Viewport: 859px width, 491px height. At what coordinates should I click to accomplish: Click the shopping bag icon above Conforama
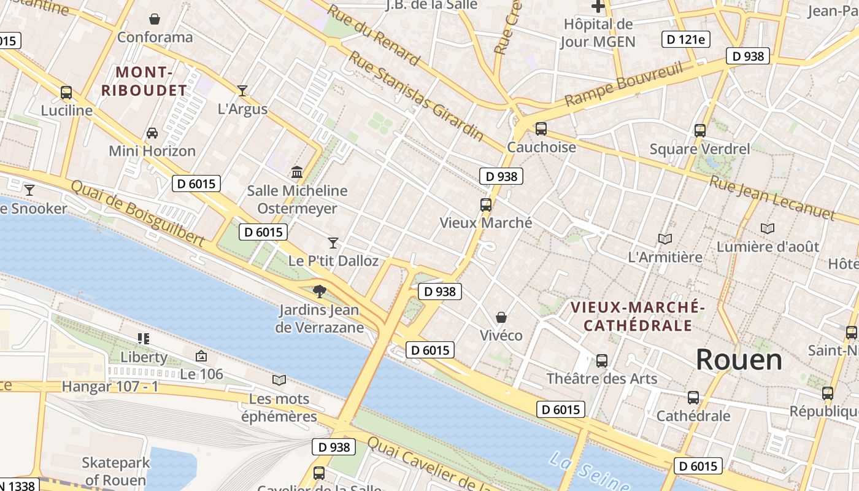click(155, 19)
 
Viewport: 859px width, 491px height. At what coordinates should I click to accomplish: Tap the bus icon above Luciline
click(66, 93)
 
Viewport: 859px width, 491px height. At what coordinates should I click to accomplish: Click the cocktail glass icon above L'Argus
click(242, 91)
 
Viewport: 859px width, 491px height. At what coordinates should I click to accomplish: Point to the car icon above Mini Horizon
click(152, 133)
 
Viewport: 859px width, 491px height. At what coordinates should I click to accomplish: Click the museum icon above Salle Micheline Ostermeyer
click(298, 172)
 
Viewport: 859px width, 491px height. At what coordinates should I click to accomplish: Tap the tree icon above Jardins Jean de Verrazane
click(319, 291)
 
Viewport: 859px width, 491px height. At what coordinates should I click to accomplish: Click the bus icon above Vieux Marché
click(486, 204)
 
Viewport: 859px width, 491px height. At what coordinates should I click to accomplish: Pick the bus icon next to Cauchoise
click(541, 129)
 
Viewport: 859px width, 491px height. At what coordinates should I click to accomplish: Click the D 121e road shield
click(686, 40)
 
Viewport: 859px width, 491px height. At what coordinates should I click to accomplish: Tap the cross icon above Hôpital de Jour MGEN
click(598, 7)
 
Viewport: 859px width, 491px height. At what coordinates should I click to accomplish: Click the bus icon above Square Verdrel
click(700, 130)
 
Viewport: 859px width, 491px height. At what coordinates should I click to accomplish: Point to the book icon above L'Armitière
click(664, 239)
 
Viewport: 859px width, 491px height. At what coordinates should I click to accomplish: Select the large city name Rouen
click(739, 360)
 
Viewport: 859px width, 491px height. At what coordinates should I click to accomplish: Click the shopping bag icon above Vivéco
click(501, 317)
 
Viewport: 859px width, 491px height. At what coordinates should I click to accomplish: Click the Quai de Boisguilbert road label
click(137, 213)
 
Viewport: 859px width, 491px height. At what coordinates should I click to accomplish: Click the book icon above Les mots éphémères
click(279, 380)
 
